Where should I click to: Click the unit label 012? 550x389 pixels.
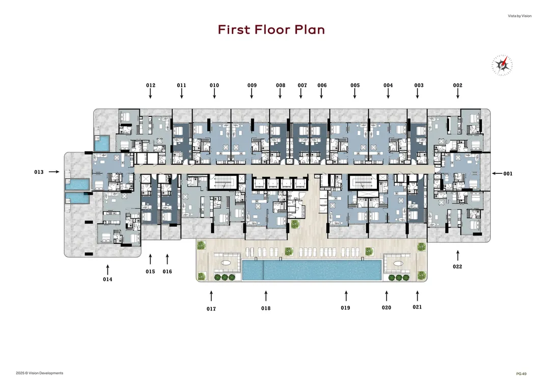[x=150, y=85]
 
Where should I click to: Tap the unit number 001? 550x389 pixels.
[x=508, y=173]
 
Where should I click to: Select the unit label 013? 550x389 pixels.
[x=39, y=172]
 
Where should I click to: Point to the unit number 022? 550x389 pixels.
[x=457, y=267]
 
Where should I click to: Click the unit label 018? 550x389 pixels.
[x=266, y=308]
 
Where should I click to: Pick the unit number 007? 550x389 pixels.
[x=302, y=85]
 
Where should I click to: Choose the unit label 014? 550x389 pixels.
[x=107, y=279]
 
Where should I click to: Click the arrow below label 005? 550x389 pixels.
[x=354, y=93]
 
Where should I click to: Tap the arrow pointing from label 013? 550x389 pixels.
[x=54, y=172]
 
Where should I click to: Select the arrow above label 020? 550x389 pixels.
[x=387, y=296]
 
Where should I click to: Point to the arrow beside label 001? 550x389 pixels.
[x=497, y=173]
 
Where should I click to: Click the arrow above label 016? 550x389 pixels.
[x=168, y=259]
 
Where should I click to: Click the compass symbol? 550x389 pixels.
[x=502, y=65]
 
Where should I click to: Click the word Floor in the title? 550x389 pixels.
[x=271, y=30]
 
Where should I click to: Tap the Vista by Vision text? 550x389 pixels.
[x=519, y=16]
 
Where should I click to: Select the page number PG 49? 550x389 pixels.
[x=521, y=374]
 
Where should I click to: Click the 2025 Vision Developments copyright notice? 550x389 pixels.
[x=40, y=373]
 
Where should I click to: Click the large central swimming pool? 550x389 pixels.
[x=312, y=270]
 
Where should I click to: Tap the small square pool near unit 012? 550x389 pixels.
[x=102, y=144]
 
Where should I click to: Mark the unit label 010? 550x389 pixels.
[x=214, y=85]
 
